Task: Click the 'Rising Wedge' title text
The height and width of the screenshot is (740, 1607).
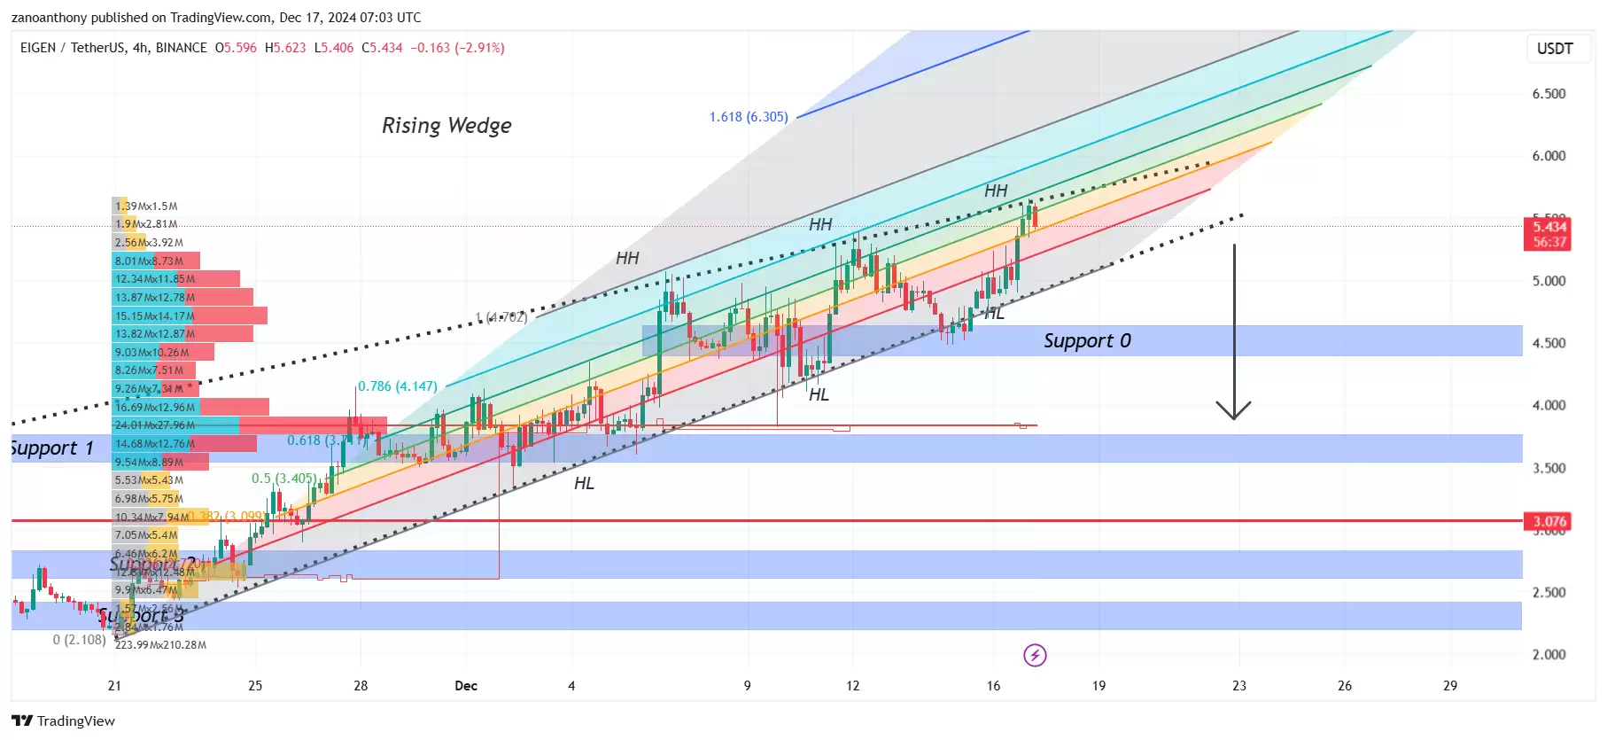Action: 446,126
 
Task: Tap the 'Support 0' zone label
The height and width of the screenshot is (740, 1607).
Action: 1087,341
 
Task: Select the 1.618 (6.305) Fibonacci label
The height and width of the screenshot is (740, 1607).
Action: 748,117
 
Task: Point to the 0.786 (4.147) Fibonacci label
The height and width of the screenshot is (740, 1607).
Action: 397,386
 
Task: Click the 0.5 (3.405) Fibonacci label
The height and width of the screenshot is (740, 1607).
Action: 283,479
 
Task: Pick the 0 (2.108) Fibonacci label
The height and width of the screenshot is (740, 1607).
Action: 79,640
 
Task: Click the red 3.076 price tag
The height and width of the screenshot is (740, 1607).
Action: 1549,521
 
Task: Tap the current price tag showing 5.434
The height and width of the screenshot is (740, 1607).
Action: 1549,227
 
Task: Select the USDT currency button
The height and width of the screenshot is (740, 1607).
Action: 1555,49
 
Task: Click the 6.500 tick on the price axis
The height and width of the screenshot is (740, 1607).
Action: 1549,94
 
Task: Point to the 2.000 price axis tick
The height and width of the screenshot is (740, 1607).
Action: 1549,655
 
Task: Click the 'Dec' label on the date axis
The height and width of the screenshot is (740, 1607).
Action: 466,686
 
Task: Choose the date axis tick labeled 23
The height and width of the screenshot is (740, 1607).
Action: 1238,686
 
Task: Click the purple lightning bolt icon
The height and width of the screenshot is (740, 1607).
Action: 1035,656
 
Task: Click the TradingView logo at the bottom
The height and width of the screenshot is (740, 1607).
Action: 64,721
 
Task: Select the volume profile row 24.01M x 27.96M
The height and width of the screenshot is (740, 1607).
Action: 155,425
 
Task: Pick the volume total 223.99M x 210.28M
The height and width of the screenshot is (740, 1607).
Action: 160,645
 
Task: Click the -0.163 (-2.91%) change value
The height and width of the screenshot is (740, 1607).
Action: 457,48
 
